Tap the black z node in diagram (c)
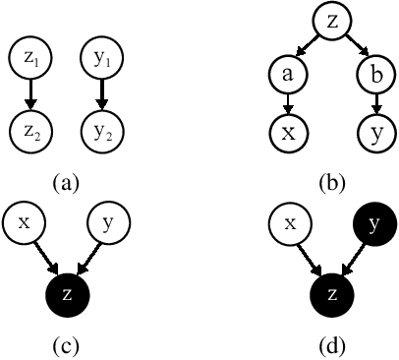67,292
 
